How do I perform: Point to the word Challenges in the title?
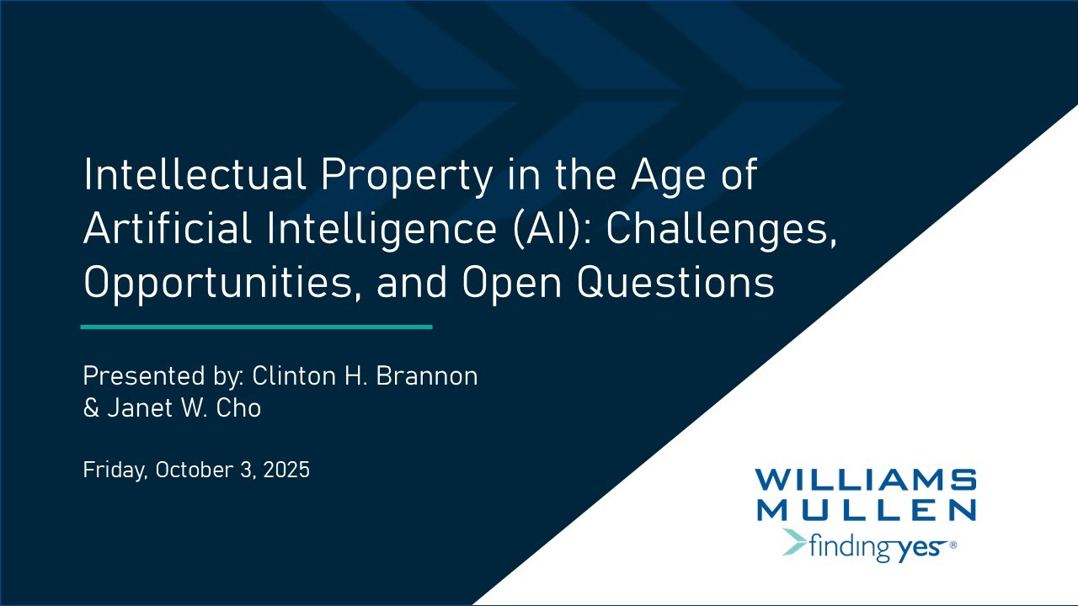tap(721, 229)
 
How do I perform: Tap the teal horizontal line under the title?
tap(256, 327)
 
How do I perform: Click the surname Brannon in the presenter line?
tap(427, 375)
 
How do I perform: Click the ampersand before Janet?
tap(91, 408)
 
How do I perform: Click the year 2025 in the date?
tap(286, 470)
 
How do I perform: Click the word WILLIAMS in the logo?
tap(865, 481)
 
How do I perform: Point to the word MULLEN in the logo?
tap(865, 509)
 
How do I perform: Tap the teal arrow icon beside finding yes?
tap(793, 543)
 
